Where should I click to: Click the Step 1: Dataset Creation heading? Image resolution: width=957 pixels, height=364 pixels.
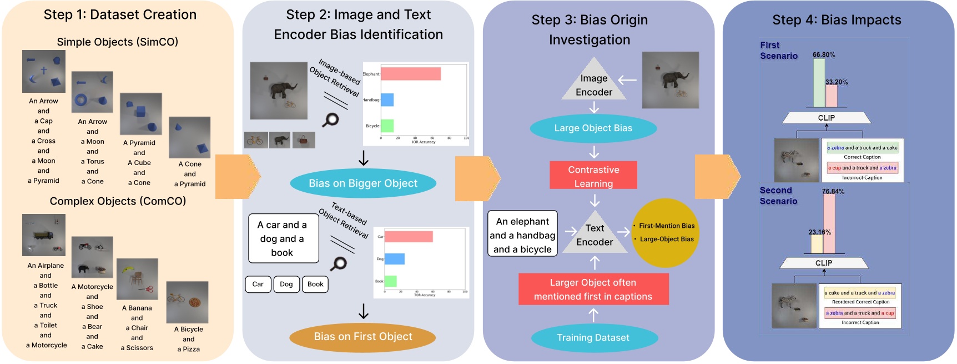click(120, 15)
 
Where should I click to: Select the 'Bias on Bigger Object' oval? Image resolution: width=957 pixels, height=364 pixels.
click(363, 183)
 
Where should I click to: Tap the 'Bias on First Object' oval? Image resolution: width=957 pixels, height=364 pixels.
click(363, 337)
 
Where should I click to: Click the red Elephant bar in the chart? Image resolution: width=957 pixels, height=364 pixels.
click(411, 74)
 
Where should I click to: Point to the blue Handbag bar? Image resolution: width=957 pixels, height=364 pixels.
click(387, 100)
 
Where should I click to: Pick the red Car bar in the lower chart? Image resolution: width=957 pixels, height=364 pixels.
click(409, 237)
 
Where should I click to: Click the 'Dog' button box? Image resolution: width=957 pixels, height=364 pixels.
click(286, 285)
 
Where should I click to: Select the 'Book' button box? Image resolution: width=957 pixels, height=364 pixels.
click(315, 285)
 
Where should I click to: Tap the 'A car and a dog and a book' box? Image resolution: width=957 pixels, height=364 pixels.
click(283, 239)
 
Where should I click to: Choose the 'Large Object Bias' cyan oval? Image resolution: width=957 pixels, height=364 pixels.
click(593, 128)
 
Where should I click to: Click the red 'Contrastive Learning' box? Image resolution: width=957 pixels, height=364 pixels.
click(593, 176)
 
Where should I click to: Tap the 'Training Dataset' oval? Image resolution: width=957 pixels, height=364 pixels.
click(593, 338)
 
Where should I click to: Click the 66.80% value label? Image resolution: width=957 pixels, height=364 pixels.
click(824, 55)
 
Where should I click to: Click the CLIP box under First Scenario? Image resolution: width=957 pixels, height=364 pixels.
click(826, 118)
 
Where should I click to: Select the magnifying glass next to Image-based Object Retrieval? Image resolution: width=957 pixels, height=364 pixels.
click(331, 119)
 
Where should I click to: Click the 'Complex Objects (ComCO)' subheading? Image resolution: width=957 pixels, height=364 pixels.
click(118, 201)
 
